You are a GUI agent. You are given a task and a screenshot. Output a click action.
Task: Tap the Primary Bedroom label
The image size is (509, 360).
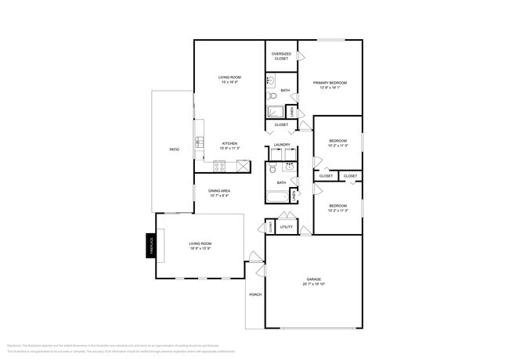click(330, 83)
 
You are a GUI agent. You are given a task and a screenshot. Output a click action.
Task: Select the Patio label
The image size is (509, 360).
click(174, 149)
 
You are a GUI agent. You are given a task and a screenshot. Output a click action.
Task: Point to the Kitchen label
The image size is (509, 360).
click(229, 143)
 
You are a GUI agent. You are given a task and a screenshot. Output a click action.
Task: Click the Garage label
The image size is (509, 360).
click(315, 279)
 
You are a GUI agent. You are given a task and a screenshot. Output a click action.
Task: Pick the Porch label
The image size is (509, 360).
click(254, 294)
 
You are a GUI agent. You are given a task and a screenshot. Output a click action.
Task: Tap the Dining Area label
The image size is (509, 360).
click(219, 191)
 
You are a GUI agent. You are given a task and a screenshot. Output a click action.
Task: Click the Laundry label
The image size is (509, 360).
click(282, 145)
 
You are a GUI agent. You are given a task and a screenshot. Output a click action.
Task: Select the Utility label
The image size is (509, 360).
click(287, 227)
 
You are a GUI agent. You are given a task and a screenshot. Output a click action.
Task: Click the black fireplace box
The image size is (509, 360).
click(152, 245)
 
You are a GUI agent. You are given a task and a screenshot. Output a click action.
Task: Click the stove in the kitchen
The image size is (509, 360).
click(221, 165)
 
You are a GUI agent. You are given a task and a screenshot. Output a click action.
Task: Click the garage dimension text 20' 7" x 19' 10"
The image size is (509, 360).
click(315, 284)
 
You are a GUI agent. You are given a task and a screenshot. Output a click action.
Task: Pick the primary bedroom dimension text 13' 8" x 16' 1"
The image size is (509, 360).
click(330, 87)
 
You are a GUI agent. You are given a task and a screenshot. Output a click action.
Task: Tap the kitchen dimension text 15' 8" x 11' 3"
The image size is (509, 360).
click(229, 148)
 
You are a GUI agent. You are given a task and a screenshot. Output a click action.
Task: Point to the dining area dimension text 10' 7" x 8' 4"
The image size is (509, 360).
click(219, 195)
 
